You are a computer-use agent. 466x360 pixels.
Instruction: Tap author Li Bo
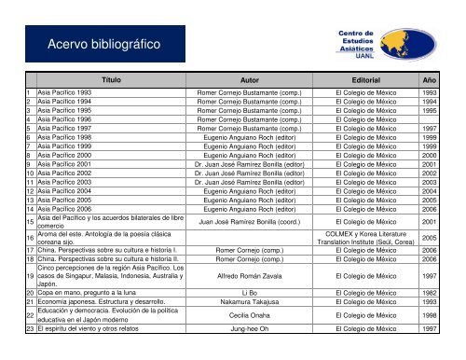[249, 319]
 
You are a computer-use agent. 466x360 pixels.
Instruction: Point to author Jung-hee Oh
[249, 354]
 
